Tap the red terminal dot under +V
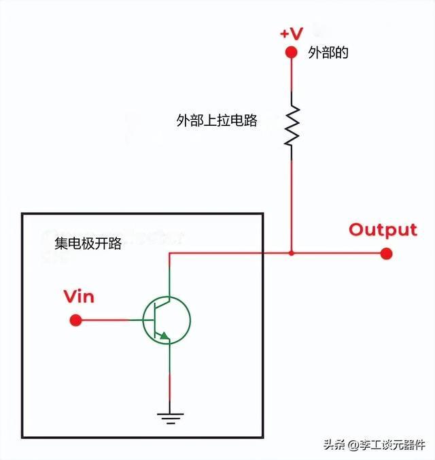tap(292, 52)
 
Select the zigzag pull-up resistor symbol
tap(292, 126)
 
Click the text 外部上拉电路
tap(217, 121)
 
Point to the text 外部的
tap(328, 53)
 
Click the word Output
tap(383, 229)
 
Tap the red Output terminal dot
tap(386, 254)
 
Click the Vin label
tap(79, 297)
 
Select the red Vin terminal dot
tap(76, 319)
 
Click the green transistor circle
tap(167, 319)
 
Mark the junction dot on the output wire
tap(292, 254)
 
